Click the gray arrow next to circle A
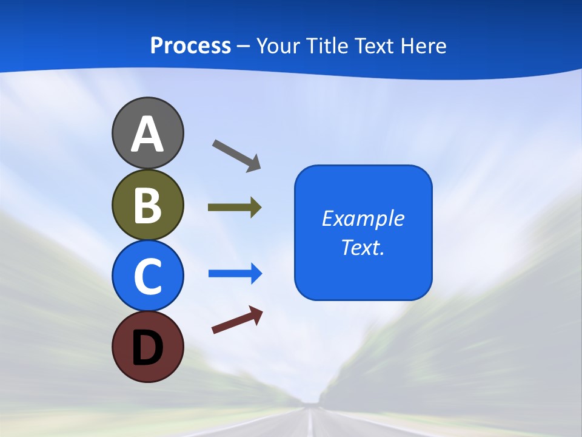coord(236,155)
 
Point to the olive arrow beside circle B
coord(235,208)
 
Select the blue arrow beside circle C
coord(235,274)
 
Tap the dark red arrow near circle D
coord(237,320)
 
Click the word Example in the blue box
coord(363,218)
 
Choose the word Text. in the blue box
coord(363,247)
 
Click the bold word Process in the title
coord(190,46)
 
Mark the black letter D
coord(147,348)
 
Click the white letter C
coord(147,276)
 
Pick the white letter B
coord(147,205)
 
